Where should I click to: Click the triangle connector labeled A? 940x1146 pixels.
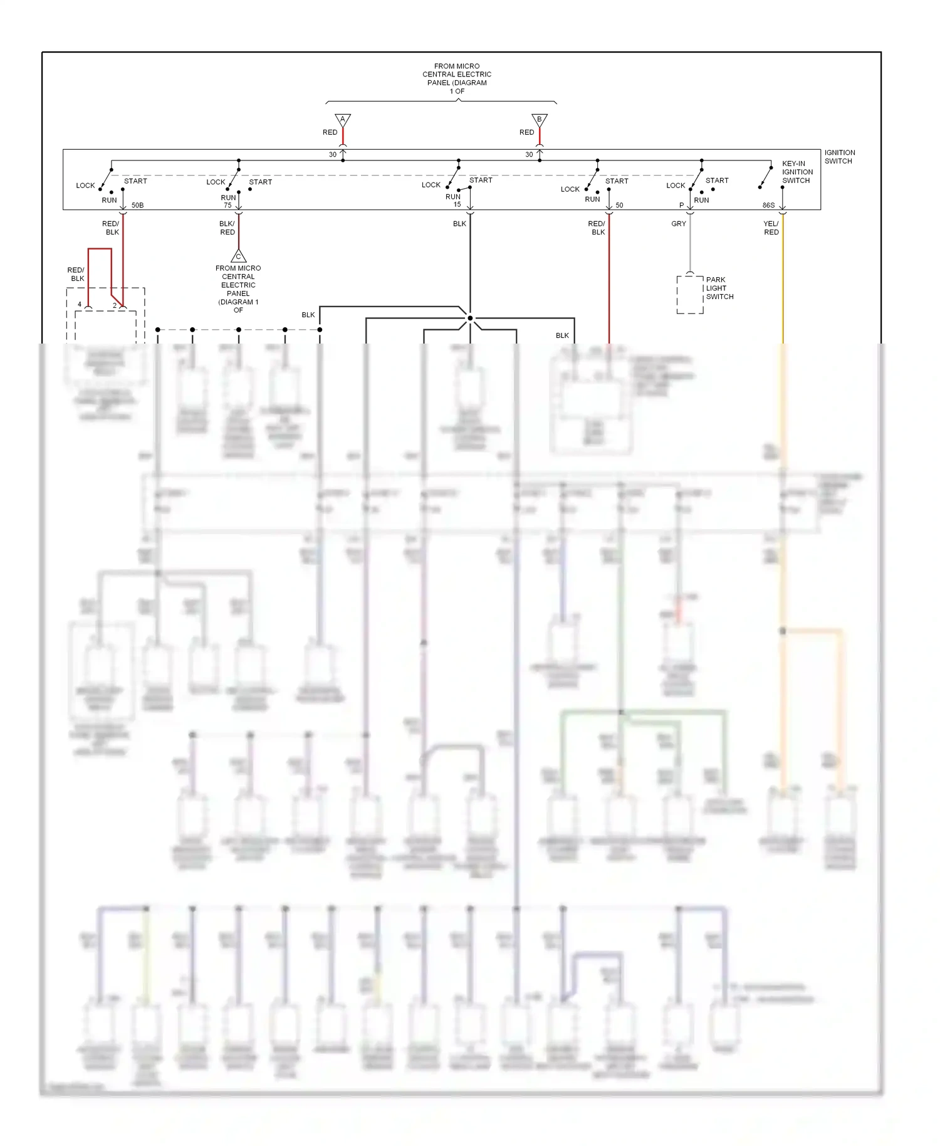(x=343, y=119)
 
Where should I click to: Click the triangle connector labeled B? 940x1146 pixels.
(x=540, y=119)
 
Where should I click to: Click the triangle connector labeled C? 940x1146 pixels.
(x=238, y=256)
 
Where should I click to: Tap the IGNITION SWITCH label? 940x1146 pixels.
(x=839, y=157)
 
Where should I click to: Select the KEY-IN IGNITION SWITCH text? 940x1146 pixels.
(x=797, y=172)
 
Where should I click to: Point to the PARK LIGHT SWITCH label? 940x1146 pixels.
(x=719, y=288)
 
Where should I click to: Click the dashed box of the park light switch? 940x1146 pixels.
(x=690, y=295)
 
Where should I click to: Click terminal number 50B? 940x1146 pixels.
(x=137, y=206)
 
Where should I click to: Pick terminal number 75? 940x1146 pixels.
(x=227, y=206)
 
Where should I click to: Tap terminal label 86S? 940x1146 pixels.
(x=768, y=206)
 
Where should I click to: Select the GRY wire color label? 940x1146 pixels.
(x=679, y=224)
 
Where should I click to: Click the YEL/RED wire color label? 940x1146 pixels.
(x=771, y=228)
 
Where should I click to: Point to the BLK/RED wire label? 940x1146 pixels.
(x=227, y=228)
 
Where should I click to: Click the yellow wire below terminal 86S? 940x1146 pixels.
(x=783, y=282)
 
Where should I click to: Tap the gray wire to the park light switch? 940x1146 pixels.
(x=690, y=244)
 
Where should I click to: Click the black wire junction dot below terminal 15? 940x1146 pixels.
(x=470, y=318)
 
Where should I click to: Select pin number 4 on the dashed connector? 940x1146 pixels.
(x=80, y=305)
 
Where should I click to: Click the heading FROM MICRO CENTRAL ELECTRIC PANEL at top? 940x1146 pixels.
(x=457, y=78)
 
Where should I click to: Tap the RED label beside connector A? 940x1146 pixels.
(x=330, y=132)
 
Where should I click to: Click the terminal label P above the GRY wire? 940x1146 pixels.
(x=681, y=206)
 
